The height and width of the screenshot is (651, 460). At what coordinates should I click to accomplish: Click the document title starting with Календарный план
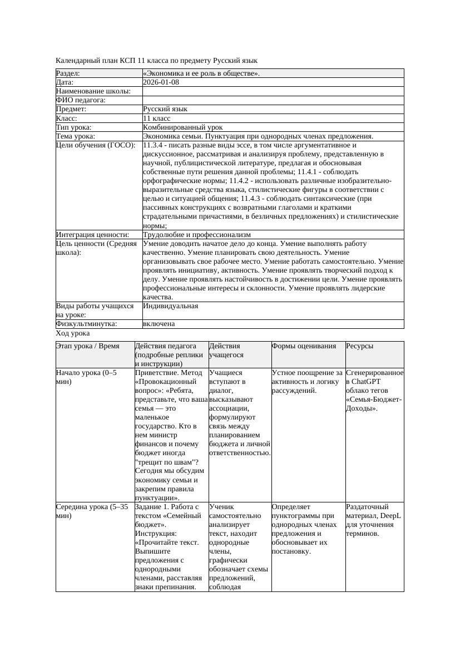pyautogui.click(x=157, y=60)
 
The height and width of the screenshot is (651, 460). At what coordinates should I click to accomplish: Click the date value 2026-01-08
pyautogui.click(x=161, y=82)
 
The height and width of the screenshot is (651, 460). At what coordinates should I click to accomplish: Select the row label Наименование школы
pyautogui.click(x=93, y=91)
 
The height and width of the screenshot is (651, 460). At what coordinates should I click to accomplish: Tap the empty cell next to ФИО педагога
pyautogui.click(x=273, y=100)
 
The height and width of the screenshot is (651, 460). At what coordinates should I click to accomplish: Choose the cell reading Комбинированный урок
pyautogui.click(x=175, y=127)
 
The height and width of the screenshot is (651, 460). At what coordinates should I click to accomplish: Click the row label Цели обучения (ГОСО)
pyautogui.click(x=96, y=145)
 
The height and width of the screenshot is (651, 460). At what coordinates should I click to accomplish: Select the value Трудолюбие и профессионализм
pyautogui.click(x=197, y=235)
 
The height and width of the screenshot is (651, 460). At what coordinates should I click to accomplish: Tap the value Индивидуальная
pyautogui.click(x=170, y=306)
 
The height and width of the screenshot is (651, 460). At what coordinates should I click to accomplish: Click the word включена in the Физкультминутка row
pyautogui.click(x=159, y=324)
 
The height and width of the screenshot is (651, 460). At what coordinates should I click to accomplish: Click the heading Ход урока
pyautogui.click(x=73, y=333)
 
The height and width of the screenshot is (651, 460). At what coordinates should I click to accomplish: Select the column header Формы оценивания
pyautogui.click(x=304, y=346)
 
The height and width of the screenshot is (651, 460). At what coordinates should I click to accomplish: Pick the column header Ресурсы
pyautogui.click(x=359, y=346)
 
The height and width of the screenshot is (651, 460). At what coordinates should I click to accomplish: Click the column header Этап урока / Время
pyautogui.click(x=88, y=346)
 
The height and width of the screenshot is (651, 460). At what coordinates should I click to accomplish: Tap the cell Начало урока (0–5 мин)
pyautogui.click(x=86, y=377)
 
